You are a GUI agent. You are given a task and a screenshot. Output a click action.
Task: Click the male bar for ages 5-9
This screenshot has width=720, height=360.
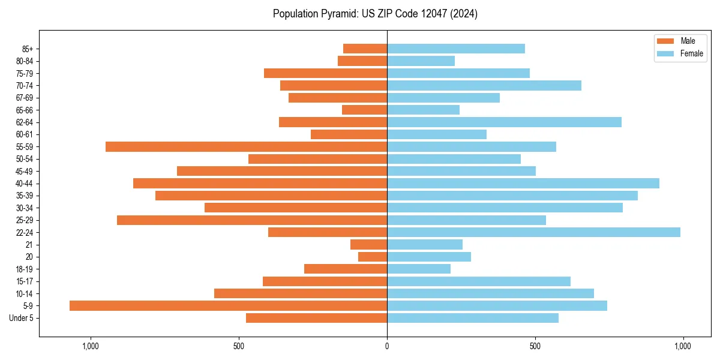coord(228,306)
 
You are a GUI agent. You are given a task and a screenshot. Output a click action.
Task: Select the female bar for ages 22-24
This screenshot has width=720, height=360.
coord(533,232)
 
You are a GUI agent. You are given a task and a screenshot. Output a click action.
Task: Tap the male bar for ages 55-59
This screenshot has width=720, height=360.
coord(246,147)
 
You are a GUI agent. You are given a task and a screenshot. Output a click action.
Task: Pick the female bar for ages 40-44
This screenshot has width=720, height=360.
coord(523,184)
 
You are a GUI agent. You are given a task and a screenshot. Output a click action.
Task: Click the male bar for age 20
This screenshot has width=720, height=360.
coord(373,257)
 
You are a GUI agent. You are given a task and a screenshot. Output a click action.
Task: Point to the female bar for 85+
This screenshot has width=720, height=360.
coord(456,49)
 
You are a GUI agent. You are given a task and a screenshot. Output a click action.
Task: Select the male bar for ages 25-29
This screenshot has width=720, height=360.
coord(252,220)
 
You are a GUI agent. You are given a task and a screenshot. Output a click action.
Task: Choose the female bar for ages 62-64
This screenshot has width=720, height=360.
coord(504,122)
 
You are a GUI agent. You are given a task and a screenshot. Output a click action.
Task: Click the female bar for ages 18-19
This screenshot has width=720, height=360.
coord(419,269)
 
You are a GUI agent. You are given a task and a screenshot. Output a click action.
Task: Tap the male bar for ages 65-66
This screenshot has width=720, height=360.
coord(364,110)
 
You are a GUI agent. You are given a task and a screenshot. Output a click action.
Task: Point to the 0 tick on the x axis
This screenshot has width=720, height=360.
coord(387,346)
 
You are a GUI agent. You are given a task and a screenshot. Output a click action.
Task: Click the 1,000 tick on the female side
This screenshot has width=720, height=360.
coord(683,346)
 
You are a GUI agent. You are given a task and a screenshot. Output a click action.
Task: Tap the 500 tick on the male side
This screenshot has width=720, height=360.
coord(239,346)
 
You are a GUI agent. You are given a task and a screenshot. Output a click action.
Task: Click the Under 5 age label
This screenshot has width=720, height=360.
coord(21,318)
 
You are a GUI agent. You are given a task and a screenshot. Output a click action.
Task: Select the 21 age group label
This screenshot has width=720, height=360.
coord(29,245)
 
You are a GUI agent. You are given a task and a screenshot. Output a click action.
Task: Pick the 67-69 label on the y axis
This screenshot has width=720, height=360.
coord(24,98)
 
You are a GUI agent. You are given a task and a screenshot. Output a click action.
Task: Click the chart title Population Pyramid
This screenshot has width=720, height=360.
coord(375,14)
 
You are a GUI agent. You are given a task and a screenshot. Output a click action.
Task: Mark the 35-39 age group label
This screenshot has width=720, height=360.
coord(24,196)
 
